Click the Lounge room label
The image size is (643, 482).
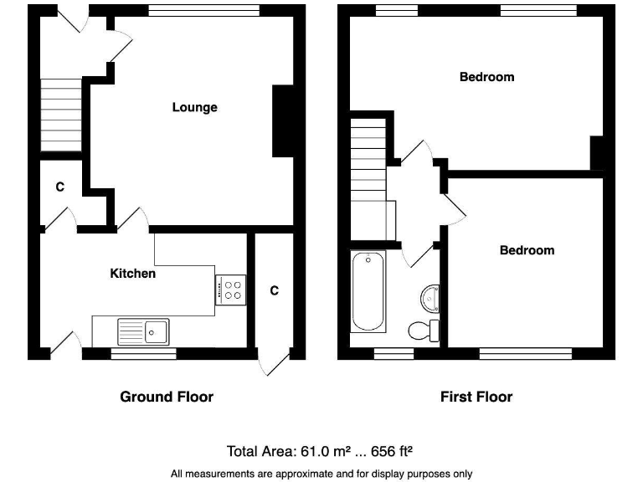pos(194,107)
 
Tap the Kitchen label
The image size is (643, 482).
pos(132,274)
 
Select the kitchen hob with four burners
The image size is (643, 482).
pos(231,290)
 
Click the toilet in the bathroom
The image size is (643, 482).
pos(424,330)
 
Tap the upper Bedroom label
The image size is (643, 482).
pos(486,77)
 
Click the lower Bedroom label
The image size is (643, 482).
pos(527,250)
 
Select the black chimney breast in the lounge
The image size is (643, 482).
pos(284,121)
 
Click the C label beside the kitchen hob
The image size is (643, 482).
pos(274,290)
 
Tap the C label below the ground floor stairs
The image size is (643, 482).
pos(59,187)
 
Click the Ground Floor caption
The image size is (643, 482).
pos(167,397)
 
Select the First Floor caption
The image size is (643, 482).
pos(476,397)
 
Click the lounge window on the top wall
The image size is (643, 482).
pos(203,10)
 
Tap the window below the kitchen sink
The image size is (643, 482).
pos(143,354)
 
